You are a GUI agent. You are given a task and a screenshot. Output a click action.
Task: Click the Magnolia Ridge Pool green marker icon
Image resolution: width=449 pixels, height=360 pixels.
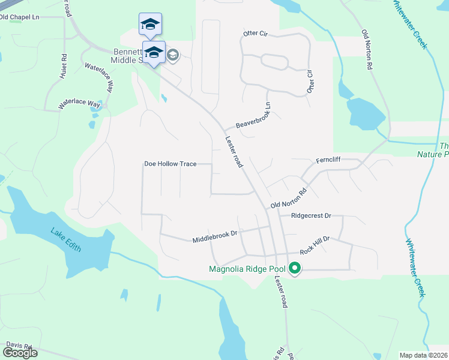point(294,268)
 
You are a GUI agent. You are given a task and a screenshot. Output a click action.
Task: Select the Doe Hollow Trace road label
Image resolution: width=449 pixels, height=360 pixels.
point(170,164)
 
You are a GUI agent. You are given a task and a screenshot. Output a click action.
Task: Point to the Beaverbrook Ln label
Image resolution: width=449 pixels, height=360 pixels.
point(254,116)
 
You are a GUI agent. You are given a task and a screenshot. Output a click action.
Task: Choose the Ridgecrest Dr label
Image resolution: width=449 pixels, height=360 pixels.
point(312,215)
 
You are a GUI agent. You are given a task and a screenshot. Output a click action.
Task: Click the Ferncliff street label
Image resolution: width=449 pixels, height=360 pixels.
point(328,161)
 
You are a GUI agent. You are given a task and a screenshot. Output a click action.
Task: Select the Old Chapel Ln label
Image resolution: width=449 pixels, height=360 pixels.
point(19,17)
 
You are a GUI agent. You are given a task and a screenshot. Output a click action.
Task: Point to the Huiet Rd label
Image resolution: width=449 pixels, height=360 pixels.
point(63,64)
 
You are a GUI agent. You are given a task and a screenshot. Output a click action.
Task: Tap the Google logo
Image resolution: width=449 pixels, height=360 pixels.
point(20,353)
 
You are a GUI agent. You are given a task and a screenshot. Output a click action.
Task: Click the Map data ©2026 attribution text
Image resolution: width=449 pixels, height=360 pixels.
point(424,355)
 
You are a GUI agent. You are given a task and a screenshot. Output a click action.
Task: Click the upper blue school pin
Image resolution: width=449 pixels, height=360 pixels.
point(150,25)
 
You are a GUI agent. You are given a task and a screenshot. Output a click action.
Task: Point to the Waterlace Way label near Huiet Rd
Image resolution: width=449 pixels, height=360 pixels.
point(79,104)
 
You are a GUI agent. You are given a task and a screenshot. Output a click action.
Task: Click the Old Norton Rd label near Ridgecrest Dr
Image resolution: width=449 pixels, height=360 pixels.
point(289,200)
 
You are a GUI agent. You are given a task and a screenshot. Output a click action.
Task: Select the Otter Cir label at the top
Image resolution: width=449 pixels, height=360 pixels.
point(255,34)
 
